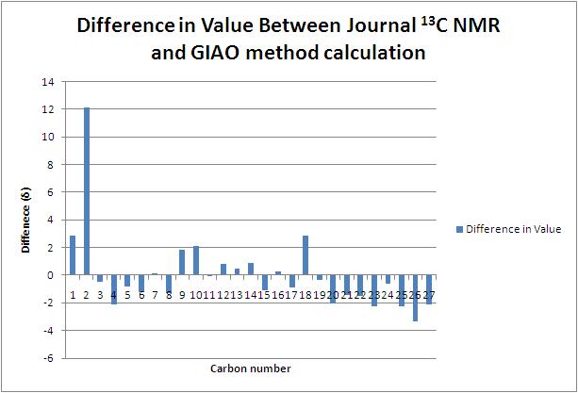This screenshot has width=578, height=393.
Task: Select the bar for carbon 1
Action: click(73, 255)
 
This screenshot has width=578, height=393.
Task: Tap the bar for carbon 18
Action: click(306, 255)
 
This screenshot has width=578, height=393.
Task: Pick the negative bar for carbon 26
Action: click(415, 298)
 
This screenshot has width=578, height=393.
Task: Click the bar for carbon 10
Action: click(196, 260)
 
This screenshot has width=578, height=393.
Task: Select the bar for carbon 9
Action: click(182, 262)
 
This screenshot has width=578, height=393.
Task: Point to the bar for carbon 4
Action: click(114, 289)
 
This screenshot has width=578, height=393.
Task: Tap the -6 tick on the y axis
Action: click(48, 358)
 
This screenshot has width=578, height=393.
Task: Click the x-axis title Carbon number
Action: click(250, 368)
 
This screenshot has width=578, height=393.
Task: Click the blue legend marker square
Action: click(459, 228)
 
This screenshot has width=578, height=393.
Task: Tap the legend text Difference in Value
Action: click(514, 228)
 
